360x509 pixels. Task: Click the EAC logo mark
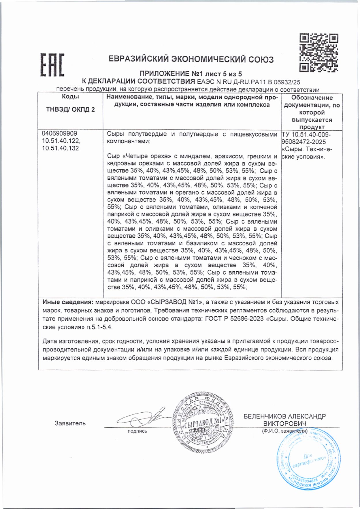52,65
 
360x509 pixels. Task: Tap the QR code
318,53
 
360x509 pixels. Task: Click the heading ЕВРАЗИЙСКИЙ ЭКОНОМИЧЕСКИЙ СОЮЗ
191,59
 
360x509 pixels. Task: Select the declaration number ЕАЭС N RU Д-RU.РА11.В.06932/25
248,82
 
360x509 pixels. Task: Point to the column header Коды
70,97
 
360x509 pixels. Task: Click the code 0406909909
59,134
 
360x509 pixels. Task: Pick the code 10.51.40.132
60,148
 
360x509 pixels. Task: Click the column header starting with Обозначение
312,98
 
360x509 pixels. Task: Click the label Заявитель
70,423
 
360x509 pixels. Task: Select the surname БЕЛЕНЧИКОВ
265,416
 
